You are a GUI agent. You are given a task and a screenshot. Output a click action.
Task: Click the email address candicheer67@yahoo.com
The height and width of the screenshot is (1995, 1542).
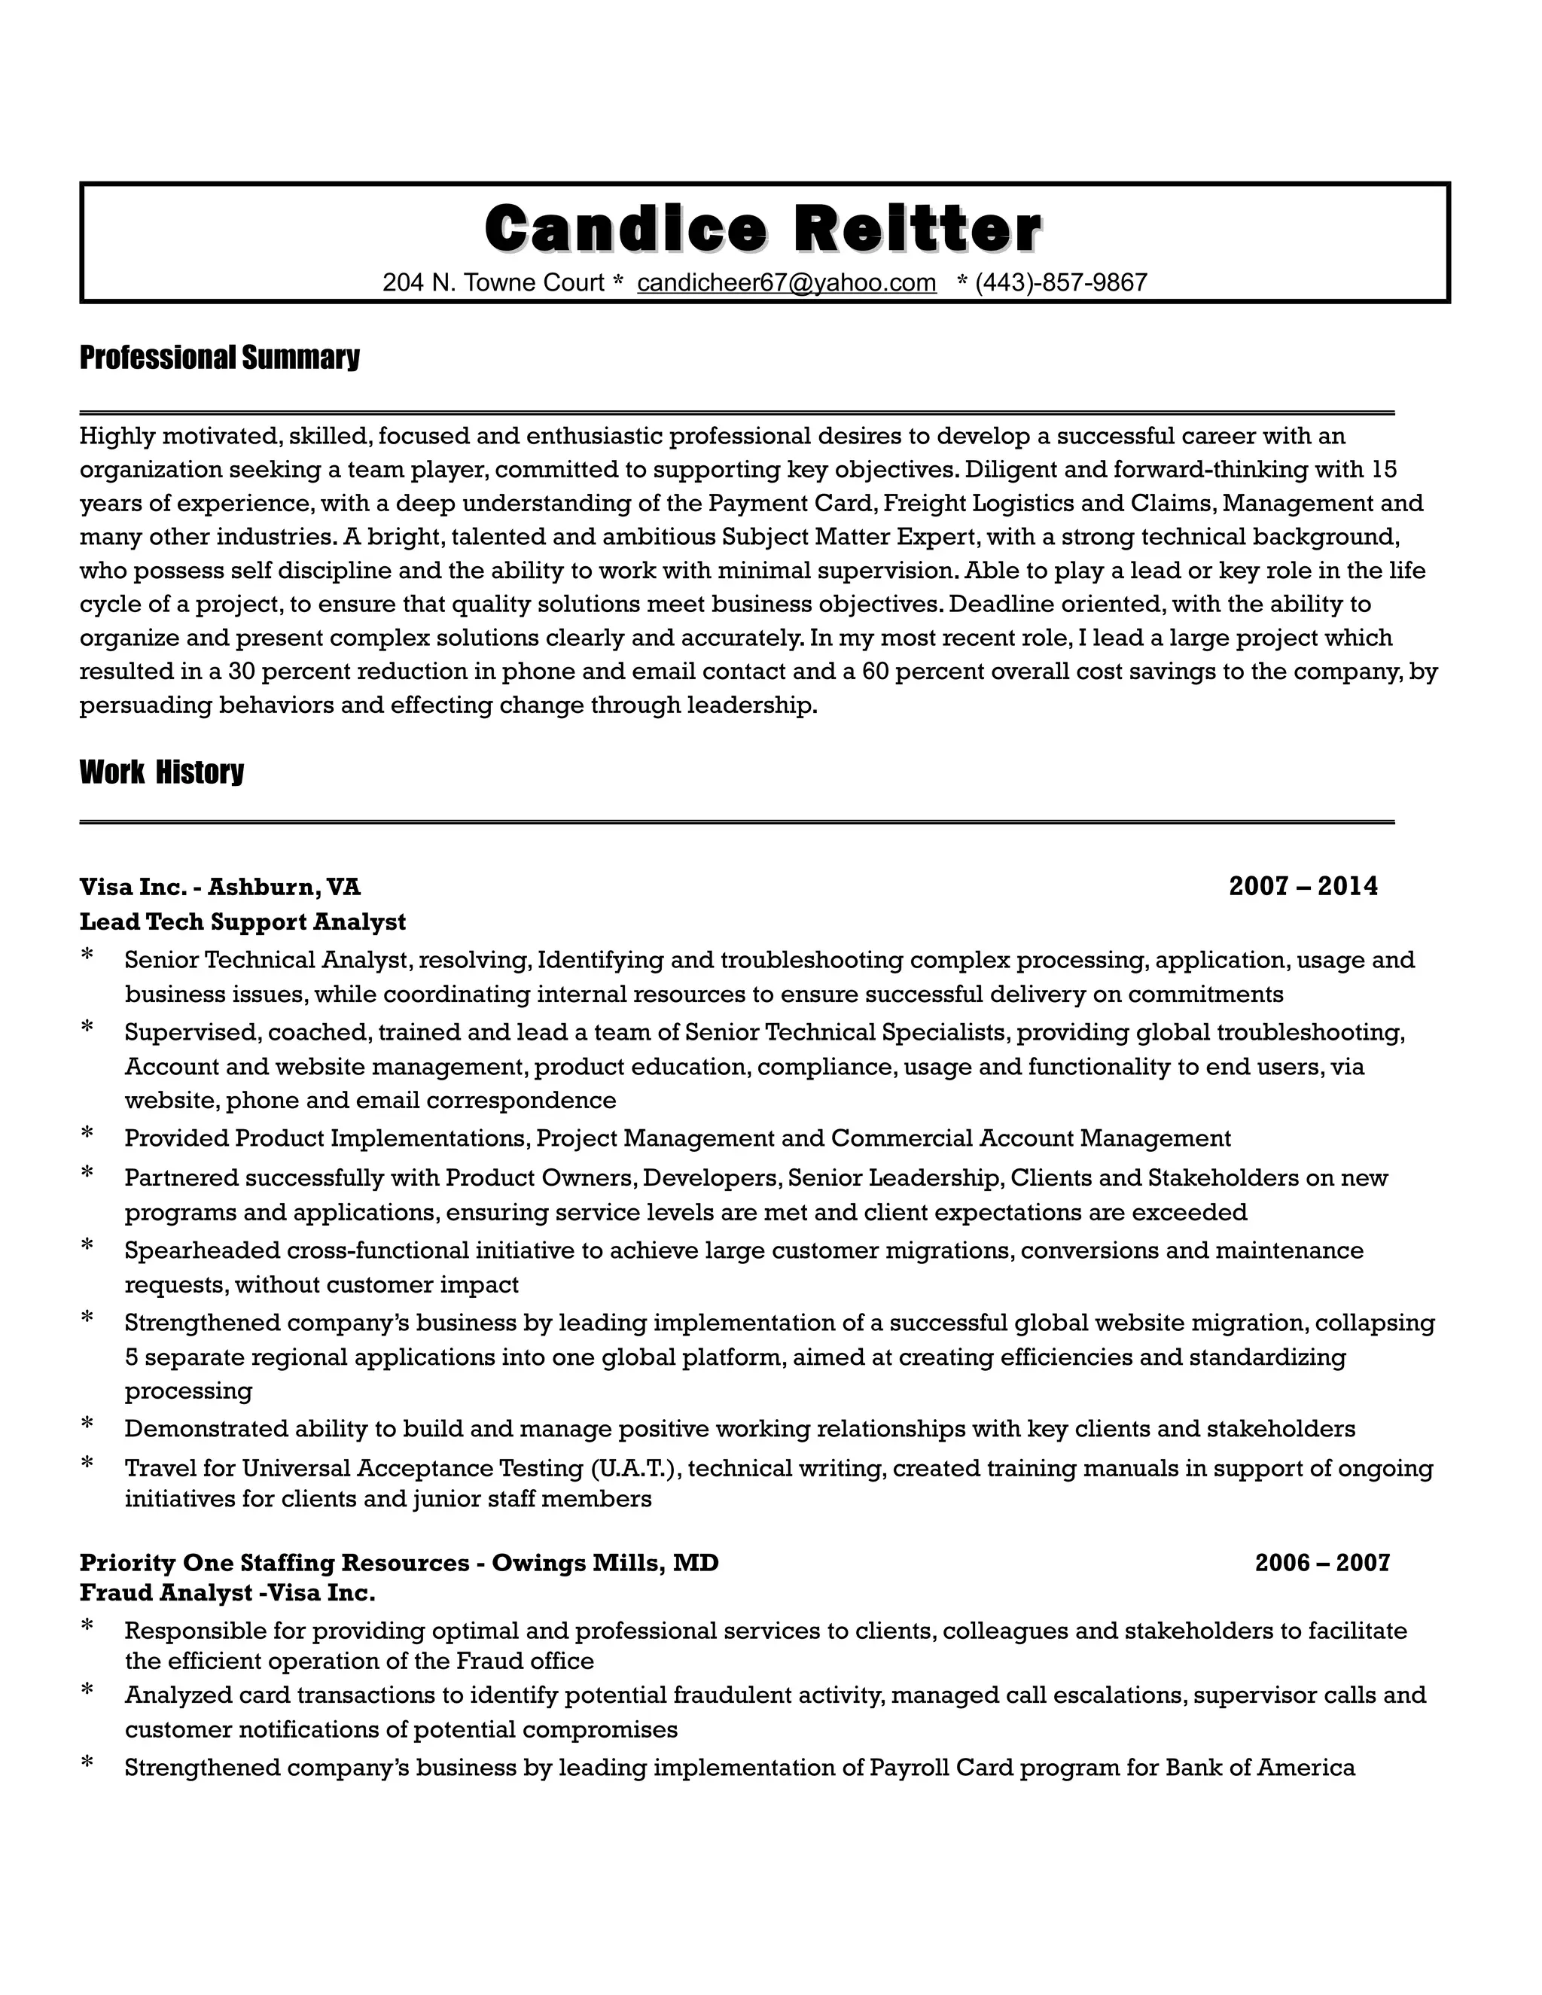(x=787, y=283)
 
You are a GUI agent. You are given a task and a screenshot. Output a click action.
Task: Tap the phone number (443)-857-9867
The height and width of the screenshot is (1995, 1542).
(x=1061, y=283)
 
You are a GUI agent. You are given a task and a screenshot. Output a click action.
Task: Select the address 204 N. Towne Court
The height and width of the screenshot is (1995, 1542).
(x=493, y=283)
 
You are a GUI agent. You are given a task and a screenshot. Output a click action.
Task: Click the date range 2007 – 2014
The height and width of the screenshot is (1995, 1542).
(x=1303, y=886)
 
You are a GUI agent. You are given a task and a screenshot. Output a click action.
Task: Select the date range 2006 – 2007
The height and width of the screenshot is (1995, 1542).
(x=1322, y=1562)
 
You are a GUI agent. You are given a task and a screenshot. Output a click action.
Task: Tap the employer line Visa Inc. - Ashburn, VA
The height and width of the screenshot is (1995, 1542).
(x=219, y=886)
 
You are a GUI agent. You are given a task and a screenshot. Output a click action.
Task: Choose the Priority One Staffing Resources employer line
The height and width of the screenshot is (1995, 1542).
(x=399, y=1562)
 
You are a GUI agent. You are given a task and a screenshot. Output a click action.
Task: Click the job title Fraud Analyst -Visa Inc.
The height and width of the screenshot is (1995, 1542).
(x=227, y=1593)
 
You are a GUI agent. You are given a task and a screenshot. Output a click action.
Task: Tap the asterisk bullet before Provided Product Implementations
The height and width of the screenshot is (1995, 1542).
(x=87, y=1135)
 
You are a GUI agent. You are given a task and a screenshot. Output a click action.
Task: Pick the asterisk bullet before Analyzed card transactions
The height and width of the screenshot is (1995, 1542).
(x=87, y=1691)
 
